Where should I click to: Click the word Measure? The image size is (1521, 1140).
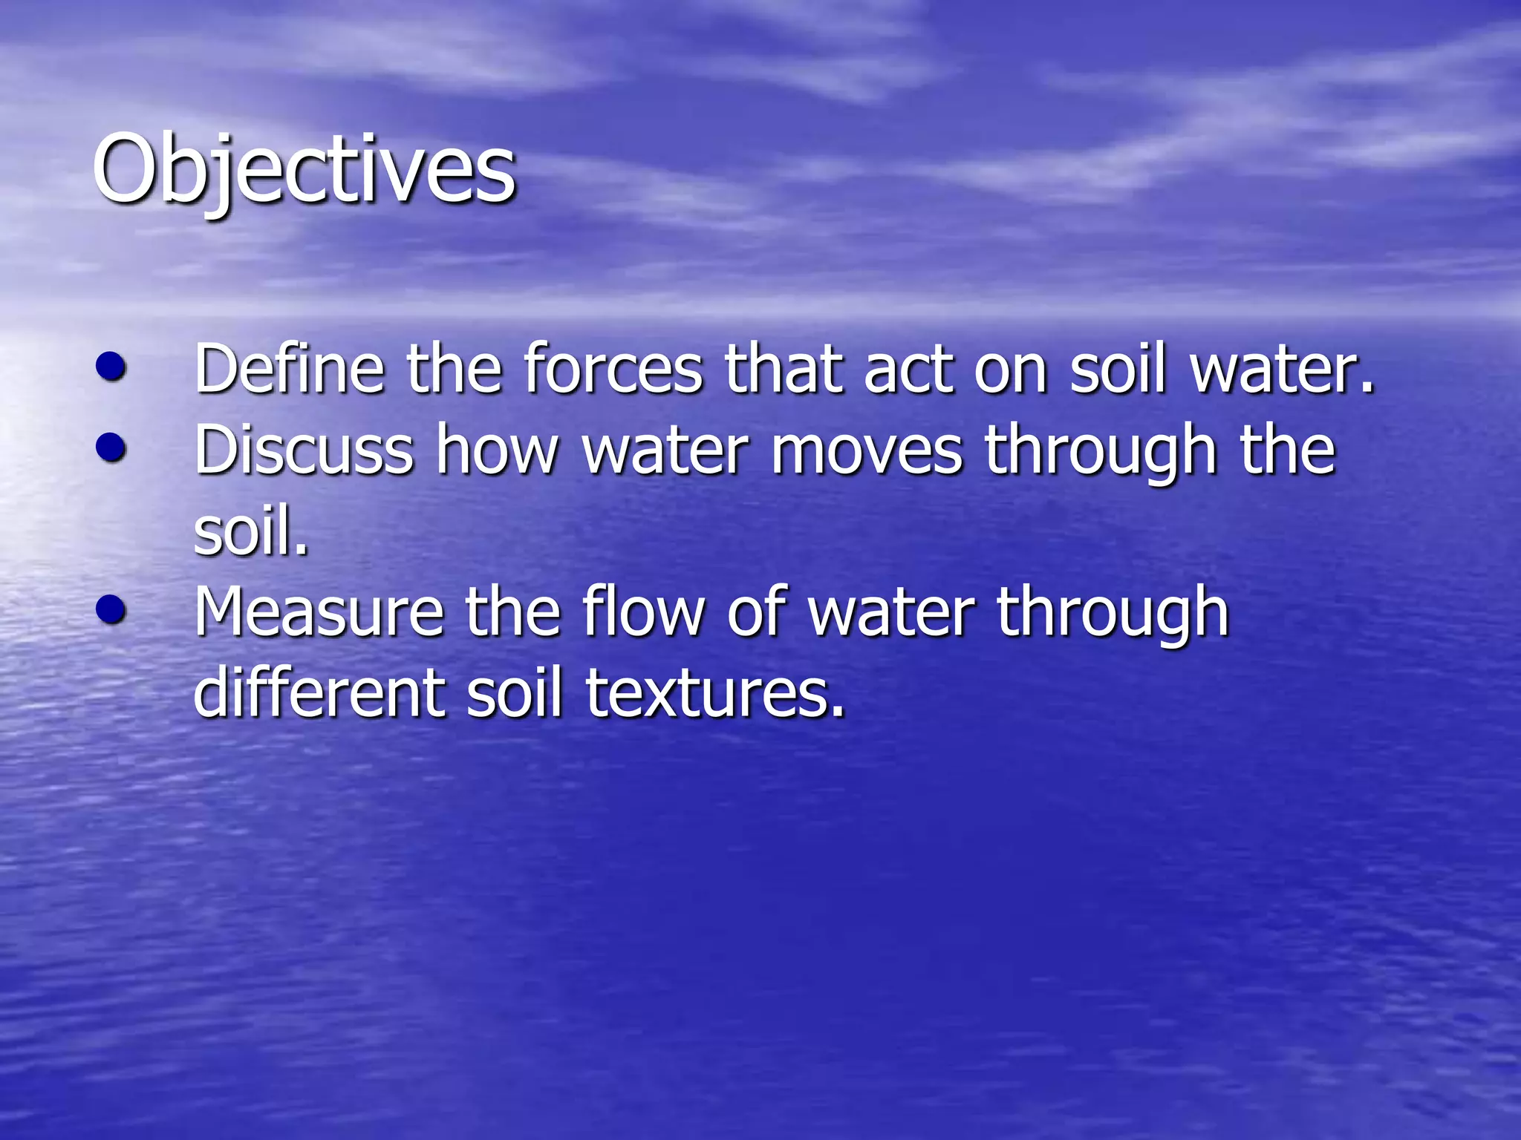coord(319,612)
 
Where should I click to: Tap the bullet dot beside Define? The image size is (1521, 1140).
coord(111,367)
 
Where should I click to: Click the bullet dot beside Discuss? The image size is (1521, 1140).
coord(111,448)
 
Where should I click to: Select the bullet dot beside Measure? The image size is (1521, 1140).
coord(111,610)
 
